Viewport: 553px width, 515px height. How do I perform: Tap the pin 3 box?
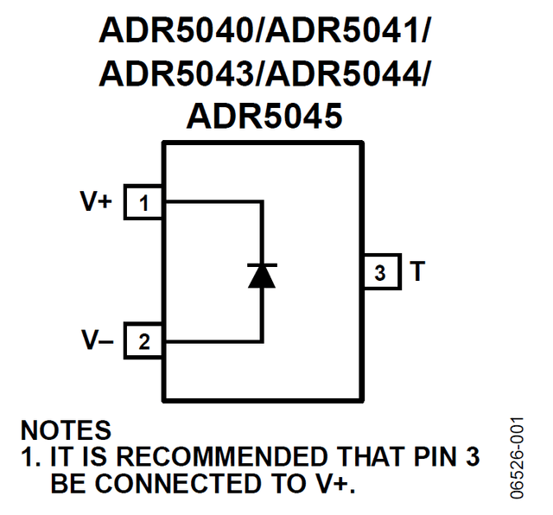tap(380, 272)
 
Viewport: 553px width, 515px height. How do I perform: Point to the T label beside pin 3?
tap(418, 272)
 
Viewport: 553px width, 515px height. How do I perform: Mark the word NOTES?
tap(66, 430)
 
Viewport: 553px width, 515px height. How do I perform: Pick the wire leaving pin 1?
tap(212, 203)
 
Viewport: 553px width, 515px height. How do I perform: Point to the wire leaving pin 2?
tap(212, 341)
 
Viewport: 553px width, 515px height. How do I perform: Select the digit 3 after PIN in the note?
tap(471, 456)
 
